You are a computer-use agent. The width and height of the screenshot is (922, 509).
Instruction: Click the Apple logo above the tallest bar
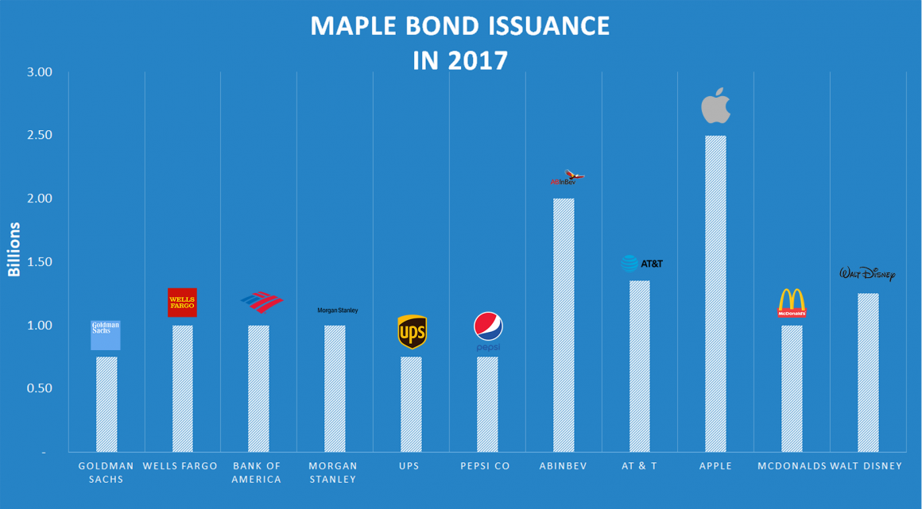click(715, 106)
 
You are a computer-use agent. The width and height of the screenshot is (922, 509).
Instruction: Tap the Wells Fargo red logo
click(182, 303)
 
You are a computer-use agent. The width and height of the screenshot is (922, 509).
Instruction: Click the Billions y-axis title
click(14, 249)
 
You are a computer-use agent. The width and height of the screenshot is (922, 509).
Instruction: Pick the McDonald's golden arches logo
click(792, 303)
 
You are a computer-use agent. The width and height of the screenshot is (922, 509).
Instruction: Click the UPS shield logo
click(412, 332)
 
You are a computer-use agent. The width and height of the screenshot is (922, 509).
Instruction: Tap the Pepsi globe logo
click(488, 330)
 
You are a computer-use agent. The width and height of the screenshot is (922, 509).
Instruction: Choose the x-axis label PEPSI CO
click(485, 466)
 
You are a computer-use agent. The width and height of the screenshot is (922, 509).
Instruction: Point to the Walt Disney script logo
click(867, 274)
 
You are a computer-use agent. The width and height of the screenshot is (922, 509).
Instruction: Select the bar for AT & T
click(640, 365)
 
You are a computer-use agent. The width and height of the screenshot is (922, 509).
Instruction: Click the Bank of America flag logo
click(261, 302)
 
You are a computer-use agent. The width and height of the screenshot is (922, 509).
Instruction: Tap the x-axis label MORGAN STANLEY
click(333, 472)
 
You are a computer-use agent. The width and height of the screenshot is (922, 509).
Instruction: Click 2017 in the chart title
click(480, 60)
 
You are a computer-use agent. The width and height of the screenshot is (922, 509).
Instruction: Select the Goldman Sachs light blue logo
click(106, 335)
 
